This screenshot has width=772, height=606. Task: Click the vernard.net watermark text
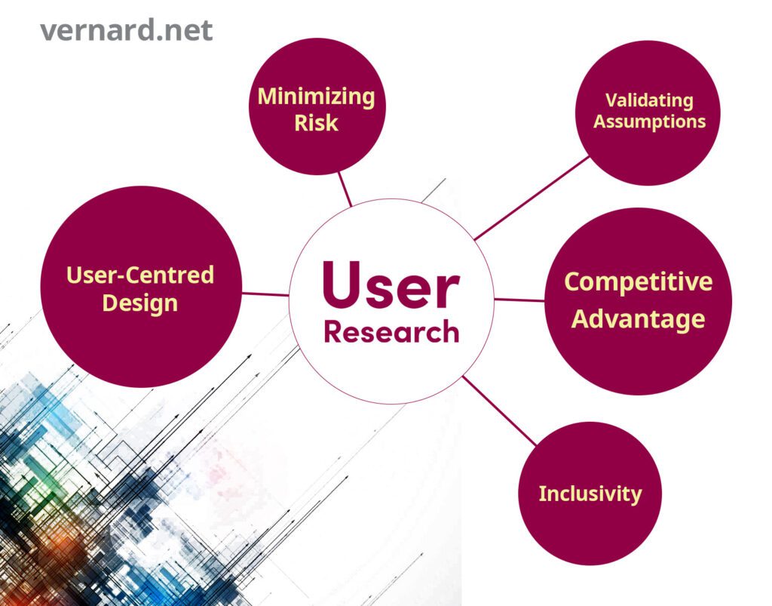[126, 30]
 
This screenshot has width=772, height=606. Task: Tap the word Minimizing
[316, 97]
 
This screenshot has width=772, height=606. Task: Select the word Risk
[316, 123]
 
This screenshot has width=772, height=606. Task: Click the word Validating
[649, 100]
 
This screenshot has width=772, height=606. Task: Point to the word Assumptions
[649, 122]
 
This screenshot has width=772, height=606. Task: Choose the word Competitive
[638, 281]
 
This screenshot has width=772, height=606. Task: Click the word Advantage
[638, 319]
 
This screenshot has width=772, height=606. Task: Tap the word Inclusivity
[590, 494]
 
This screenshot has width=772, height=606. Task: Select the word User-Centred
[140, 275]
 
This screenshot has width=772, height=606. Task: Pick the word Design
[140, 303]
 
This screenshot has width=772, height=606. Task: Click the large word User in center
[391, 285]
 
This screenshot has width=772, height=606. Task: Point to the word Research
[391, 331]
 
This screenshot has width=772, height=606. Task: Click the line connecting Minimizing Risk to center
[345, 189]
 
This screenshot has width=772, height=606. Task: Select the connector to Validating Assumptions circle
[532, 198]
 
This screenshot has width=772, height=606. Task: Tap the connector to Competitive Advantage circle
[519, 300]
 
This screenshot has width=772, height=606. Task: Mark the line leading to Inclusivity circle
[499, 411]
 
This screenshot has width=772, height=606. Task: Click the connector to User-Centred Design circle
[265, 294]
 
